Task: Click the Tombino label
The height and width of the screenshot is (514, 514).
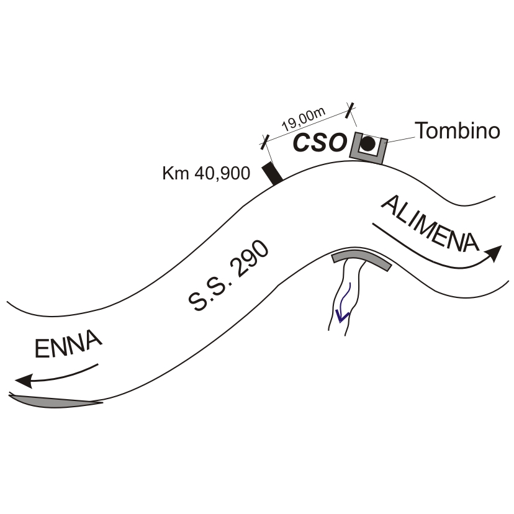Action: [x=457, y=131]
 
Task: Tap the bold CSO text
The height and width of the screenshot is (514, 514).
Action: [x=319, y=143]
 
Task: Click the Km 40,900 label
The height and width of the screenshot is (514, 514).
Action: [x=206, y=173]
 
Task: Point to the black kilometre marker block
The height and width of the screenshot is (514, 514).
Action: [x=271, y=173]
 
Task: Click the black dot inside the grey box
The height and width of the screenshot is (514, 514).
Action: [x=368, y=144]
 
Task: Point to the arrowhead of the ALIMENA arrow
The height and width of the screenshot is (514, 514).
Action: [x=494, y=252]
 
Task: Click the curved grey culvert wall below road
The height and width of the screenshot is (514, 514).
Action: [x=362, y=258]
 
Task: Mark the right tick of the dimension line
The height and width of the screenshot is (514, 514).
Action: [x=352, y=110]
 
